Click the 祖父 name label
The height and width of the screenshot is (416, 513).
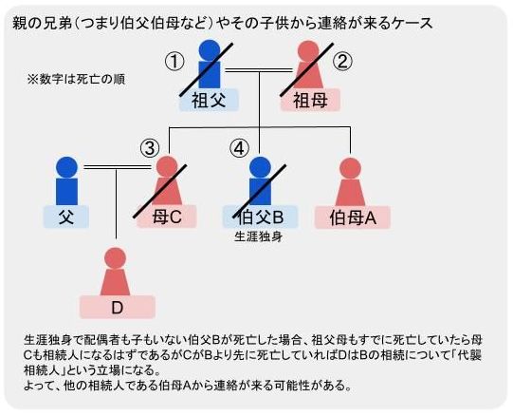point(209,100)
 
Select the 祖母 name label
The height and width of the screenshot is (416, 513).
point(310,100)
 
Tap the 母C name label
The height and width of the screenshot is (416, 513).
point(167,217)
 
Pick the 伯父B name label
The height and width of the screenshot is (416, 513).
point(260,217)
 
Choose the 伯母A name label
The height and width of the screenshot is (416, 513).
point(353,217)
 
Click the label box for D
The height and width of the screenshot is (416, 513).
point(118,307)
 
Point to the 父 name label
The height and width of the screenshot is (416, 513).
point(66,217)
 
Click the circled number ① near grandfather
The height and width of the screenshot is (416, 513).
point(174,62)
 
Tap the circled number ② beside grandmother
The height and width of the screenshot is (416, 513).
point(342,62)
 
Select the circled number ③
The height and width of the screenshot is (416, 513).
point(150,148)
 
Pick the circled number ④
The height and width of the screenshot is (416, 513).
point(239,148)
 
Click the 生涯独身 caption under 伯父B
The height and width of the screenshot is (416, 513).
point(259,236)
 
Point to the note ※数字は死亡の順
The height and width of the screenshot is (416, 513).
point(76,80)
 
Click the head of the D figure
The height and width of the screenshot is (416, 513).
point(115,258)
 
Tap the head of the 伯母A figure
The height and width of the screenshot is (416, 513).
point(351,168)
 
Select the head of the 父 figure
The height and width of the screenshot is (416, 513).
point(66,167)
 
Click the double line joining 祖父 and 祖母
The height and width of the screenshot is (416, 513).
point(259,70)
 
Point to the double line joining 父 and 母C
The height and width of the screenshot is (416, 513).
point(118,167)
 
